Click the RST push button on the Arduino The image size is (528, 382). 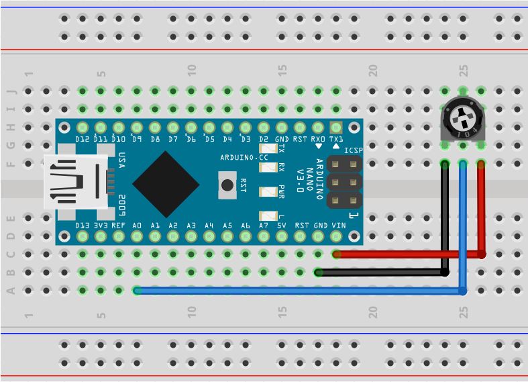coord(228,184)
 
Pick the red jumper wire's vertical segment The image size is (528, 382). coord(481,208)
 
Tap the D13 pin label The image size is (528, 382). coord(83,226)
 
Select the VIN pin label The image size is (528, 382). coord(338,226)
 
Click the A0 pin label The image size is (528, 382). coord(137,226)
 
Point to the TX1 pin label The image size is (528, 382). coord(336,139)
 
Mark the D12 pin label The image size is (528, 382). coord(83,139)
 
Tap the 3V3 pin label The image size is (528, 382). coord(101,226)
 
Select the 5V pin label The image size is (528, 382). coord(282,226)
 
